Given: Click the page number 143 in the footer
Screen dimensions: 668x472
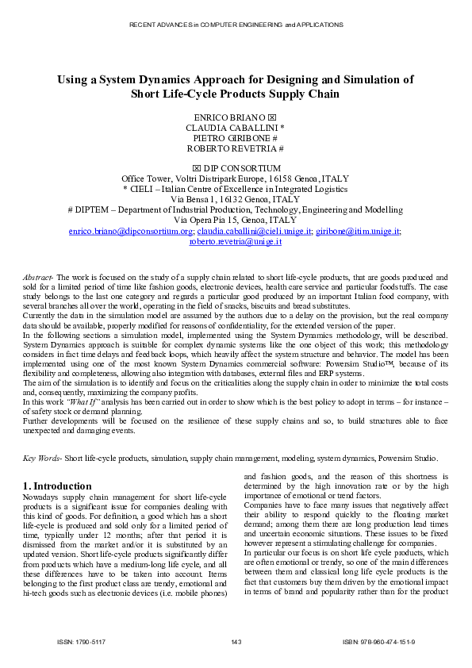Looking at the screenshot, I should click(x=236, y=641).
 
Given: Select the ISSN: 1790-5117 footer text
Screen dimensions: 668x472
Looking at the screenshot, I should click(x=77, y=641).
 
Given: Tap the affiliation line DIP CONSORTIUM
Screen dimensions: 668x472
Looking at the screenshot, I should click(x=241, y=168).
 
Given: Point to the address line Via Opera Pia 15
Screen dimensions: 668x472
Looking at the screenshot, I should click(x=236, y=220).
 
